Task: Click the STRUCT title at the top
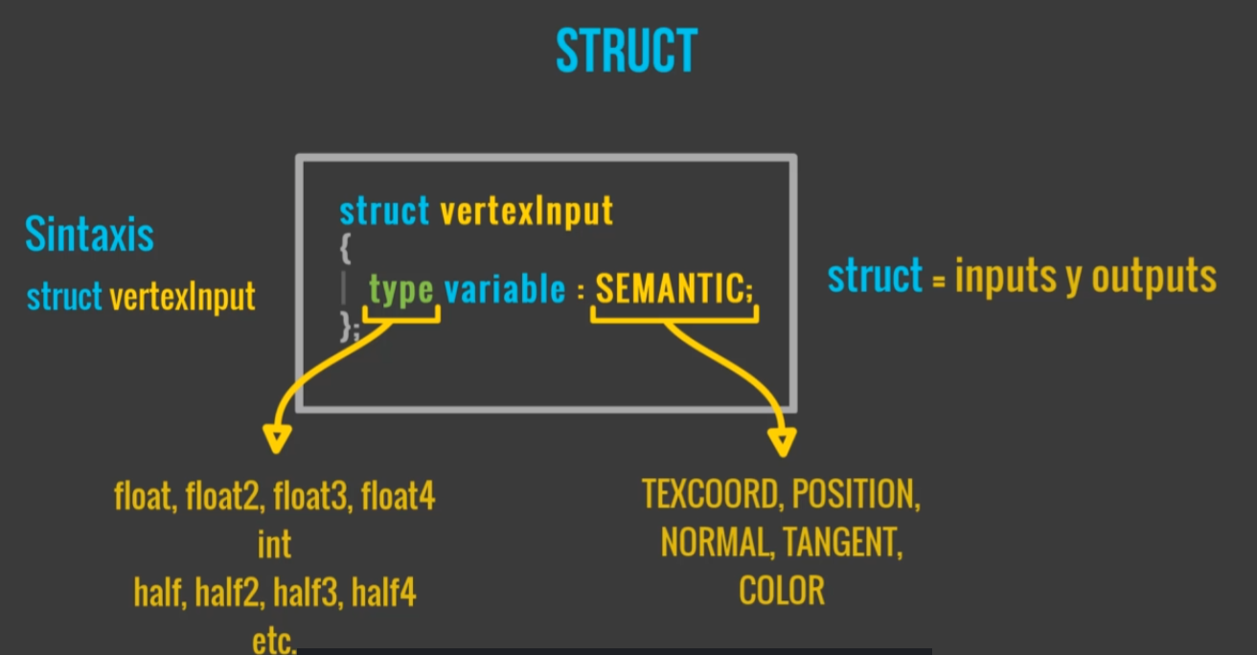pos(627,52)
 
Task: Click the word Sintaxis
pos(89,234)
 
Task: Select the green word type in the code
pos(400,289)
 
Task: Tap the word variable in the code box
pos(505,289)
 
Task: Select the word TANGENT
pos(842,543)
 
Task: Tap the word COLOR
pos(781,591)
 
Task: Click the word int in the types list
pos(274,545)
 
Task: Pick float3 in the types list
pos(309,498)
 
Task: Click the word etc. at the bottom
pos(274,640)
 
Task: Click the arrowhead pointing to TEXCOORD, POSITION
pos(782,442)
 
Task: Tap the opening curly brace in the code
pos(346,249)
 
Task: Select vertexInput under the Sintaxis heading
pos(182,298)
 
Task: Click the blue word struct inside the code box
pos(384,211)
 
